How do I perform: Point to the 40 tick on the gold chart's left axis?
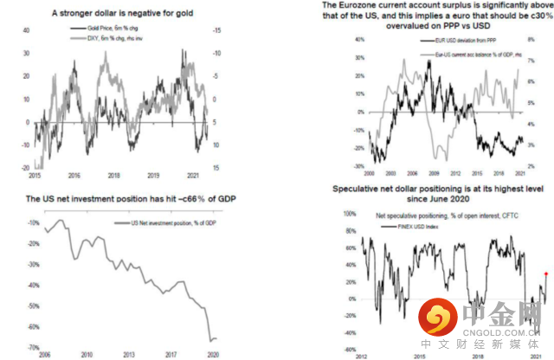point(26,29)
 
